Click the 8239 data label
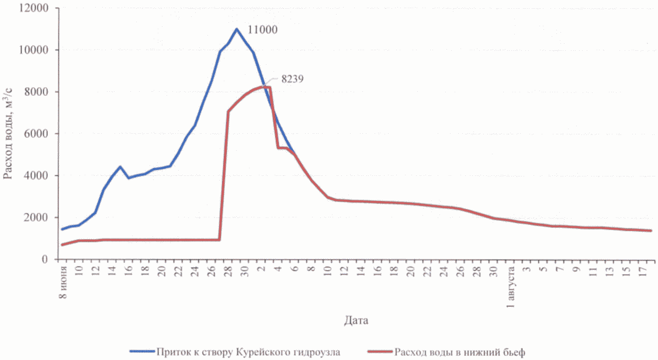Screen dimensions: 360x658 (x=295, y=78)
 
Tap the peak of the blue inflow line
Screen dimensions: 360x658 (x=237, y=29)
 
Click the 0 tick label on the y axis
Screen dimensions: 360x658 (x=47, y=259)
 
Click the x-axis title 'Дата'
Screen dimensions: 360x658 (x=356, y=320)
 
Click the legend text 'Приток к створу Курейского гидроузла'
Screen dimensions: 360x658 (x=248, y=351)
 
